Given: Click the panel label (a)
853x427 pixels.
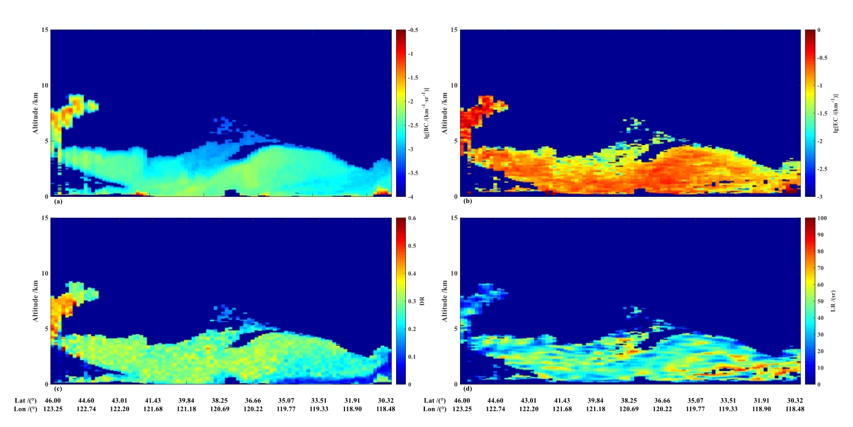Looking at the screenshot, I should point(58,201).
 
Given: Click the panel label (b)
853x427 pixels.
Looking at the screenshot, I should point(465,201).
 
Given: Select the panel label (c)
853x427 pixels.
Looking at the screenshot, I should point(58,389).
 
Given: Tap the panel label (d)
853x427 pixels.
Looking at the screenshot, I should point(465,389).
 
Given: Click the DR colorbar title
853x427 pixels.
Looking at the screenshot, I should point(423,301).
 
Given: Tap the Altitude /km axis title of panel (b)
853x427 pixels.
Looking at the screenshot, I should point(445,113).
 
